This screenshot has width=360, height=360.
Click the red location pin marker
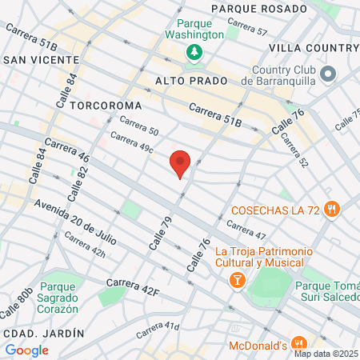pos(180,162)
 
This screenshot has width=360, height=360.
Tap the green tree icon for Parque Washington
pos(194,52)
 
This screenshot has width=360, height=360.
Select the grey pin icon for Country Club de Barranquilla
pos(327,74)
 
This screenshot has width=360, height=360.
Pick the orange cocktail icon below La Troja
pos(238,280)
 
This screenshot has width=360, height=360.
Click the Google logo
pos(27,350)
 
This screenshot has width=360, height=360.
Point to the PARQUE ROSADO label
pos(258,9)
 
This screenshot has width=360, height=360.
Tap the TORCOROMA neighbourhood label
pos(106,106)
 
